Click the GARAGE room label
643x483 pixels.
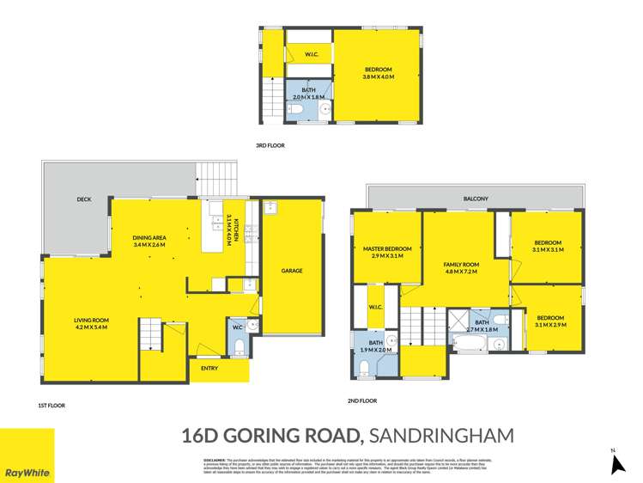[x=292, y=271]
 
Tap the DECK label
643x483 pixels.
[x=83, y=199]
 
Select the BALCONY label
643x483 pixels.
[x=476, y=199]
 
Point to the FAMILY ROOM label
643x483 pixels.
[x=460, y=264]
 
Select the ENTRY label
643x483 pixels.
[x=209, y=369]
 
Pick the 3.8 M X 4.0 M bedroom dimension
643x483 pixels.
[x=378, y=77]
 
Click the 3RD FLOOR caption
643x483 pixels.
[x=270, y=145]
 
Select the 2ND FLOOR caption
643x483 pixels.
[x=363, y=400]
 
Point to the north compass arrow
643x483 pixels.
[x=616, y=464]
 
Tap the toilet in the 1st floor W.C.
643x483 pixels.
[x=239, y=347]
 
